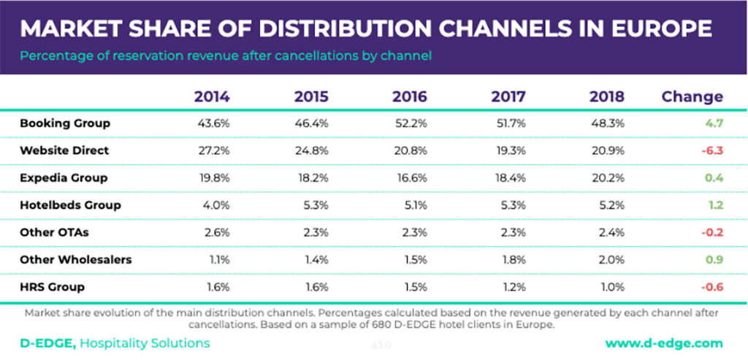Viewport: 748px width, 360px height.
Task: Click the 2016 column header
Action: point(410,96)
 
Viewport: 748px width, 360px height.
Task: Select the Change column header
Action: point(692,96)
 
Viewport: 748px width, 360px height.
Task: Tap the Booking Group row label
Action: point(65,123)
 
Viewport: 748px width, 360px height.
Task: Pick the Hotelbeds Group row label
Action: point(70,205)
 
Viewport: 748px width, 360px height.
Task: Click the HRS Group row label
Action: point(53,287)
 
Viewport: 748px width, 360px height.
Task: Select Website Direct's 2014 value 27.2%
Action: point(215,150)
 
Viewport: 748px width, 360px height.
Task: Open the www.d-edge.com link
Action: point(664,342)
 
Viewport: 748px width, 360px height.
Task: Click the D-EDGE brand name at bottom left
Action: point(45,342)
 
